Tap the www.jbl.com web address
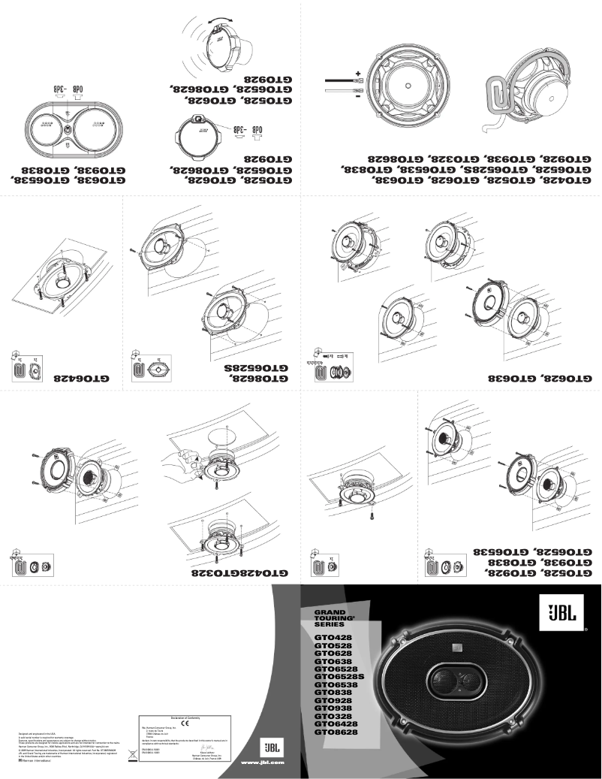[262, 763]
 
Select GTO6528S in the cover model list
[338, 676]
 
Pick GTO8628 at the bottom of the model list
[336, 731]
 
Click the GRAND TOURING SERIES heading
[331, 618]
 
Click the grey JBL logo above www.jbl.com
[269, 748]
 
